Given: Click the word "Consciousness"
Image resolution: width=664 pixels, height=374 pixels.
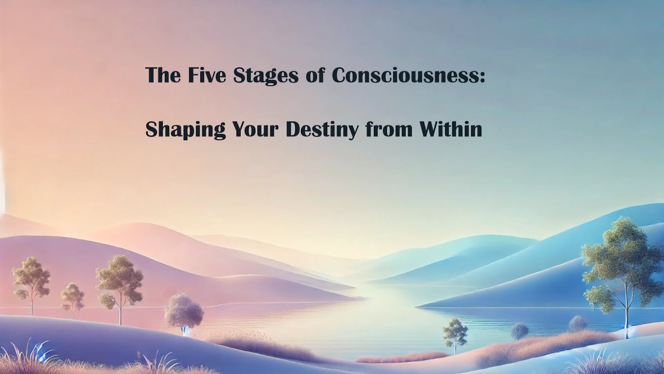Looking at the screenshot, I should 405,75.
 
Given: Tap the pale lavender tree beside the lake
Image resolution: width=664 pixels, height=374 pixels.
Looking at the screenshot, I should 184,311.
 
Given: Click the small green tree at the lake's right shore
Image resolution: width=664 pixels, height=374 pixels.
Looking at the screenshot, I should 455,332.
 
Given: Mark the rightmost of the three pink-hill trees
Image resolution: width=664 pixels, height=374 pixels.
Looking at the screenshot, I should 119,280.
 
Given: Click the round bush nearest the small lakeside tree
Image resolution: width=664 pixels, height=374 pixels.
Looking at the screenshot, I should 519,331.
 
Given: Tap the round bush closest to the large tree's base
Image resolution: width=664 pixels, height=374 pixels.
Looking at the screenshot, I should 577,323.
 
